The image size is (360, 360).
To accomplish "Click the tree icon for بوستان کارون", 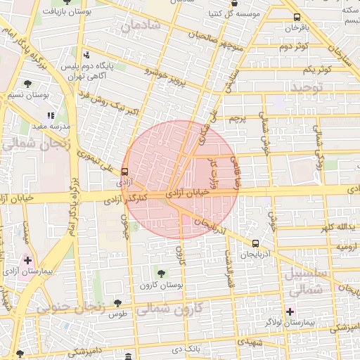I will pyautogui.click(x=162, y=274).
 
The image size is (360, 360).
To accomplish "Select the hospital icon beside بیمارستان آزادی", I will pyautogui.click(x=27, y=260).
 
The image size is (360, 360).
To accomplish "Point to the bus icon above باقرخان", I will pyautogui.click(x=296, y=17).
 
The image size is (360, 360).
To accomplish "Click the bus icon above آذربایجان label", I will pyautogui.click(x=255, y=243).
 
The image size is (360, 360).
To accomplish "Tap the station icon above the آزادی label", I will pyautogui.click(x=124, y=172).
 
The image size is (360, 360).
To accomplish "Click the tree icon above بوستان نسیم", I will pyautogui.click(x=27, y=84).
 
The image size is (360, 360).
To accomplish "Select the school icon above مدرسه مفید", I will pyautogui.click(x=50, y=115).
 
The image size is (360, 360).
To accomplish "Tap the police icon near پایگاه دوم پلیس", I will pyautogui.click(x=86, y=55).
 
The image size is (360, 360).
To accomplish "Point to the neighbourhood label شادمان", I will pyautogui.click(x=140, y=26).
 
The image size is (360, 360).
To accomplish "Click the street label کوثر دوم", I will pyautogui.click(x=294, y=46).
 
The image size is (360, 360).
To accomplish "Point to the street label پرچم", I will pyautogui.click(x=238, y=119).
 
